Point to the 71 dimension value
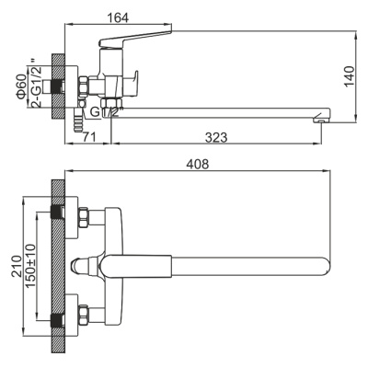point(88,137)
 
